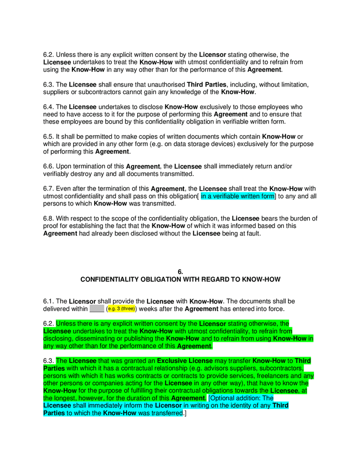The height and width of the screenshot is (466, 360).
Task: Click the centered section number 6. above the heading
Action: [x=180, y=272]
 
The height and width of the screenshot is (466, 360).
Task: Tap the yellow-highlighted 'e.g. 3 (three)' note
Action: [x=121, y=309]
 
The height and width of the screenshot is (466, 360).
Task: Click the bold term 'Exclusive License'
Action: [x=185, y=361]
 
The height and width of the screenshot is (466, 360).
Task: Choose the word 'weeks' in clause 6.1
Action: [x=148, y=309]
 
